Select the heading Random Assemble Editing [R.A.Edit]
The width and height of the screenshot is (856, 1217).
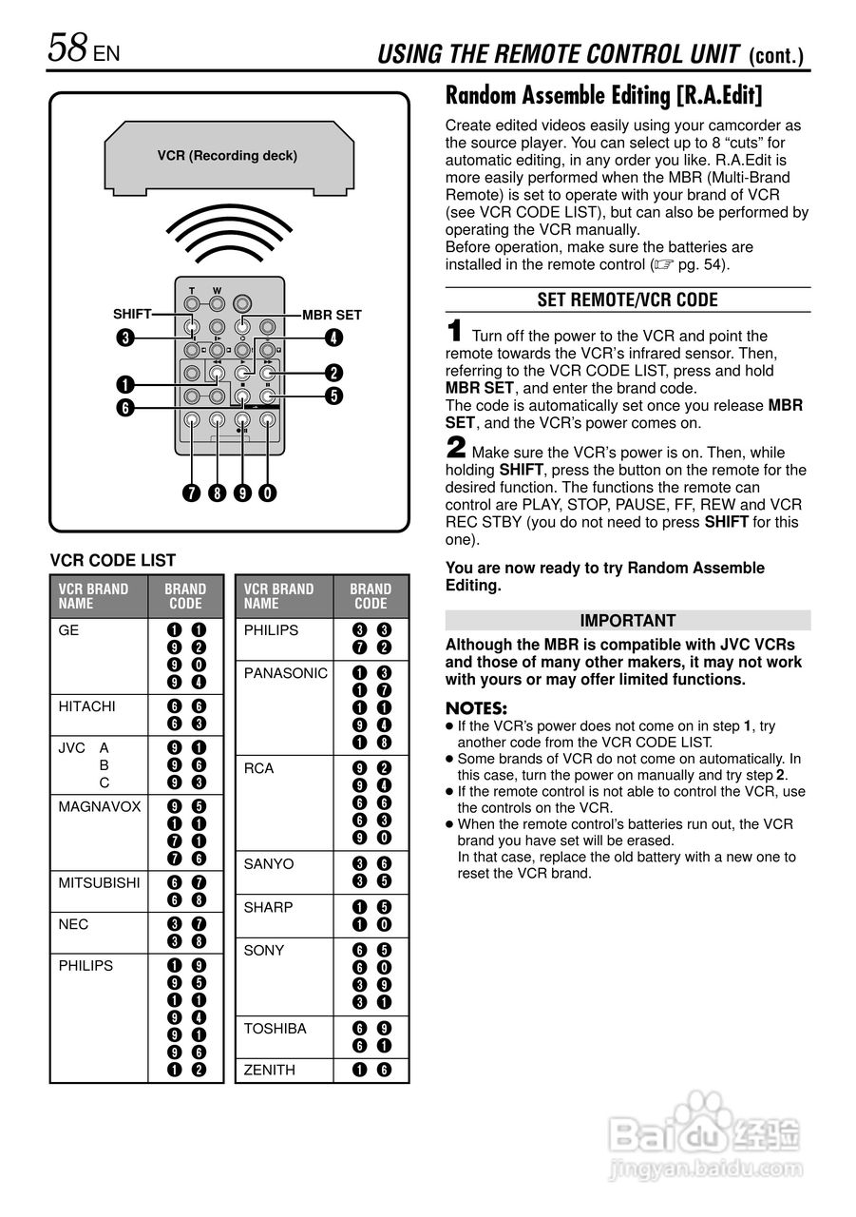click(604, 96)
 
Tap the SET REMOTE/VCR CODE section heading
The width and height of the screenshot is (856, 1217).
click(627, 300)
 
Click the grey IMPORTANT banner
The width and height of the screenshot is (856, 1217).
click(627, 621)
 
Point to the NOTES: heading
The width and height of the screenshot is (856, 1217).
click(476, 709)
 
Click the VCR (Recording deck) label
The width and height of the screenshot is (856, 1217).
click(227, 155)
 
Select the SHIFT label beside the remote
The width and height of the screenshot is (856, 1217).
click(132, 314)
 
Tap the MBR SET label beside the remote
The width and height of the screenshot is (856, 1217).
click(332, 315)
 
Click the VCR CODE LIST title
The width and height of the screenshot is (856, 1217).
click(112, 560)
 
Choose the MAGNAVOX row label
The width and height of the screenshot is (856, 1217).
click(99, 806)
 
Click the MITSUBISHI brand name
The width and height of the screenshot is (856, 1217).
click(99, 882)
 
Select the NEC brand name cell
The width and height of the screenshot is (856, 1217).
click(73, 923)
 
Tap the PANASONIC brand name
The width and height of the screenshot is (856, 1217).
click(285, 673)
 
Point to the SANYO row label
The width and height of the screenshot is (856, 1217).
click(269, 864)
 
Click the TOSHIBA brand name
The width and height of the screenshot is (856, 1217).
click(275, 1029)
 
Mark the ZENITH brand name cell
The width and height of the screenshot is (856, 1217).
click(269, 1070)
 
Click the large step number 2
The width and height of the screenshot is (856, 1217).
click(456, 448)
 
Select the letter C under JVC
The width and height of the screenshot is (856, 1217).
click(105, 782)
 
